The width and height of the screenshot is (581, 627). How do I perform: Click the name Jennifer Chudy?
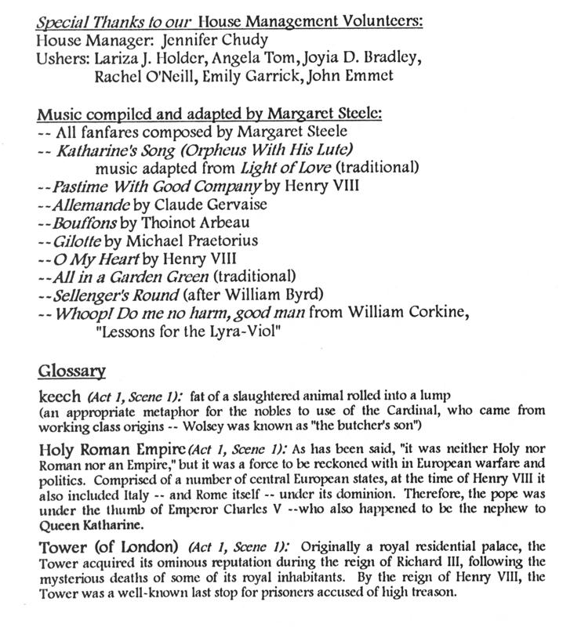[227, 39]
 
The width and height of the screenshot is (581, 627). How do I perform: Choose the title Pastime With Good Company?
[157, 187]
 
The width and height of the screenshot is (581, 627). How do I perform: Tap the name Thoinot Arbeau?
[191, 223]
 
